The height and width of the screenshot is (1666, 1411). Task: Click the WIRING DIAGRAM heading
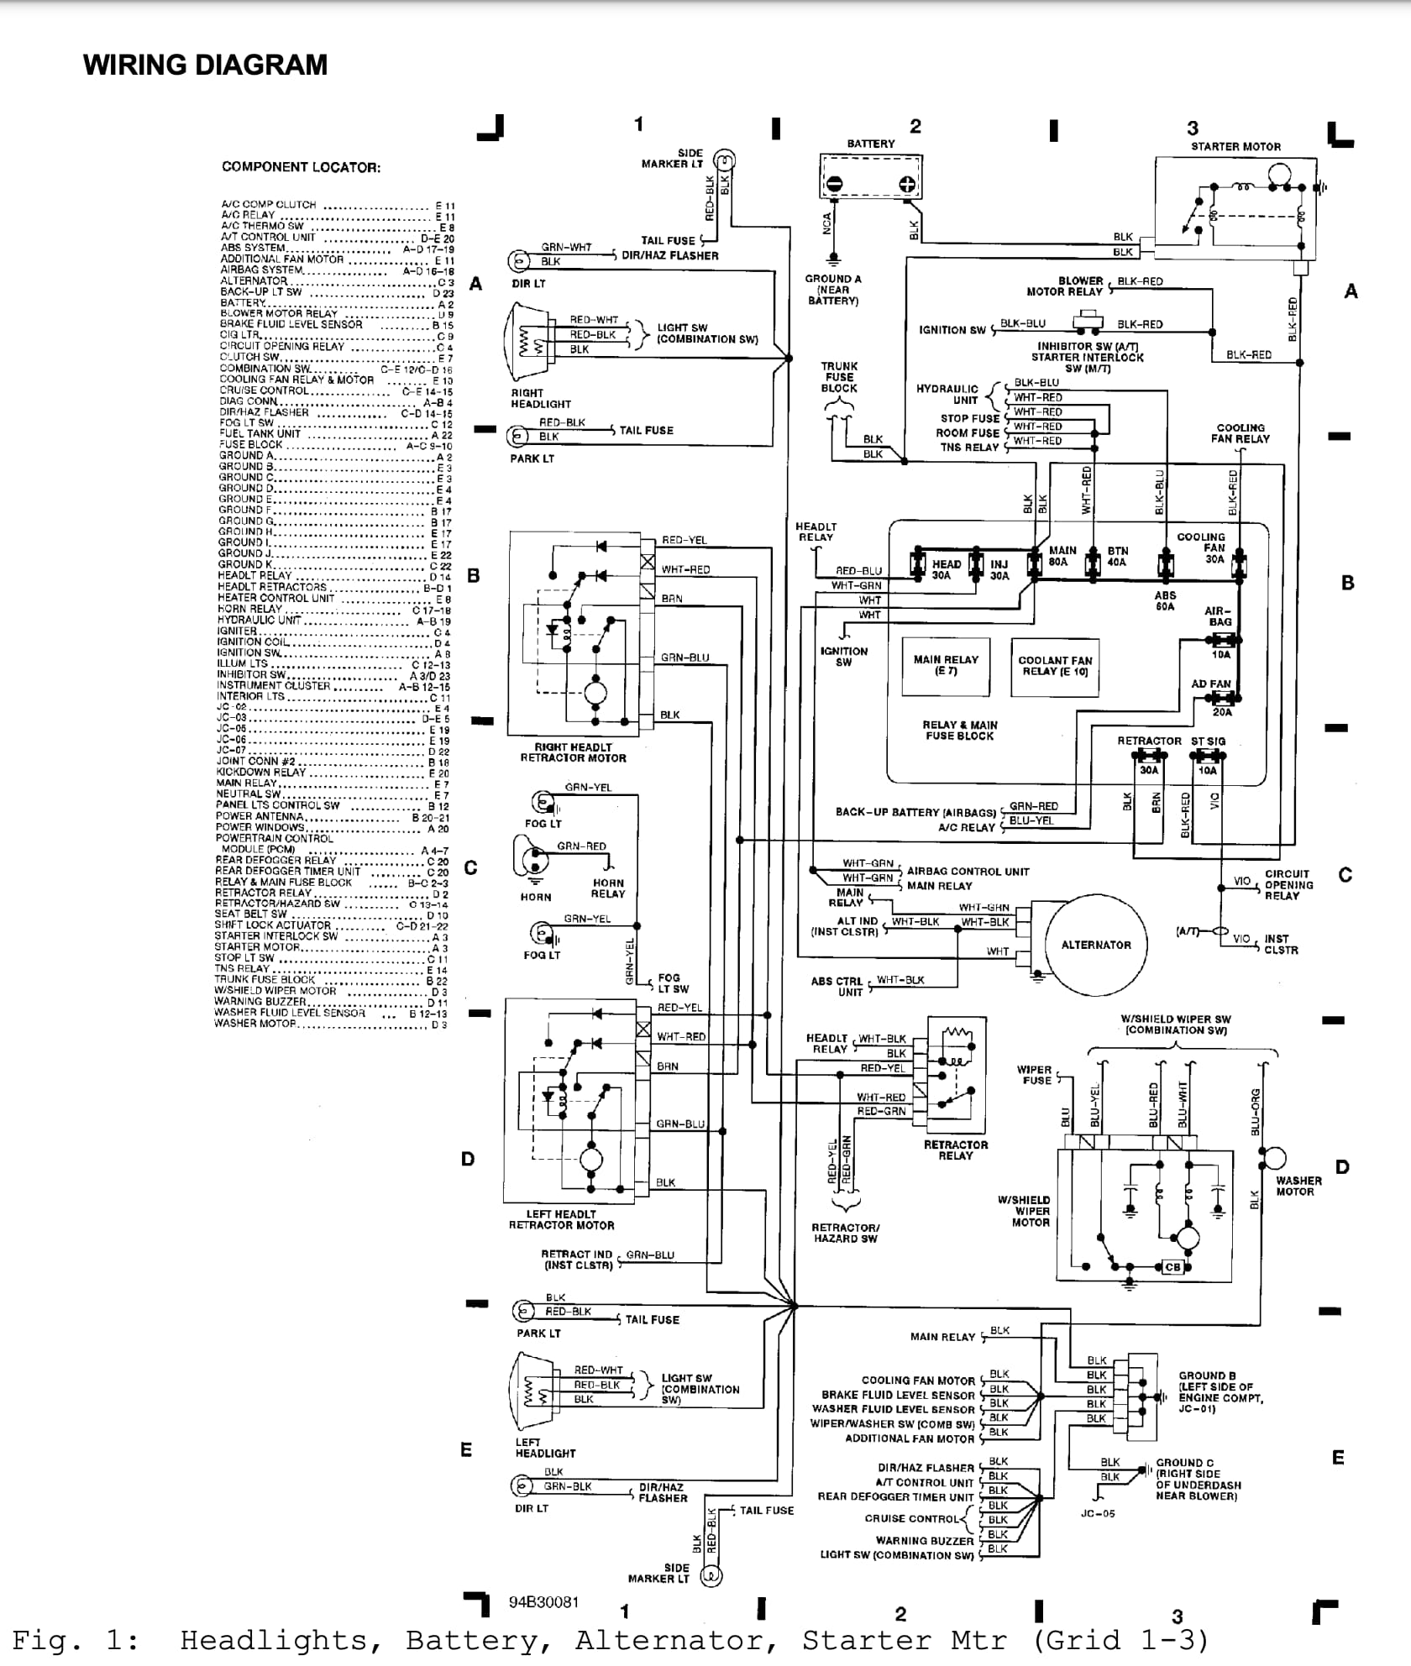click(205, 65)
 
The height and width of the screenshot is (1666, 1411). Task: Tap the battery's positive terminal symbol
click(907, 184)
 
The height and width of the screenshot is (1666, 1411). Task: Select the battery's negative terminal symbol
click(834, 184)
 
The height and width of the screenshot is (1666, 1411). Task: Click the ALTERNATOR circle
click(1096, 945)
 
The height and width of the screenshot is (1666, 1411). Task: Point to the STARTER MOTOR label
click(1235, 146)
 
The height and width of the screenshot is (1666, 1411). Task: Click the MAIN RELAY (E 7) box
click(946, 665)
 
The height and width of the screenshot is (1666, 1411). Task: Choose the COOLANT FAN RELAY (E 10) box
click(1055, 665)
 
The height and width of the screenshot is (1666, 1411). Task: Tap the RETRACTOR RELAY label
click(956, 1150)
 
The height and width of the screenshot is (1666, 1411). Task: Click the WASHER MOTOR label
click(1298, 1186)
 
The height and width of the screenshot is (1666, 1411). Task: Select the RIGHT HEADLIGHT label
click(541, 398)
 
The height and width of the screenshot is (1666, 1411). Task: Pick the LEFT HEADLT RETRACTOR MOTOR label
click(561, 1219)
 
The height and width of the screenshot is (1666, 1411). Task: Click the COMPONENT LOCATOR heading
click(301, 167)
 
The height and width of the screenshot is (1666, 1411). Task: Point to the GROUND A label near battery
click(833, 289)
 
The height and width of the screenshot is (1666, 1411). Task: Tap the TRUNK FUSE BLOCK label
click(839, 377)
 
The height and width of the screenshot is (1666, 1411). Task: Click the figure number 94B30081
click(543, 1601)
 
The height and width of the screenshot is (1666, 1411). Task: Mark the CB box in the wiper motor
click(1172, 1266)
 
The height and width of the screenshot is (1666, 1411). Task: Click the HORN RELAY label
click(607, 888)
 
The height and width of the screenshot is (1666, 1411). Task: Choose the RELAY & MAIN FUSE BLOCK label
click(960, 730)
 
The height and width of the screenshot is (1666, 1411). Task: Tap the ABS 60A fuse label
click(1165, 600)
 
